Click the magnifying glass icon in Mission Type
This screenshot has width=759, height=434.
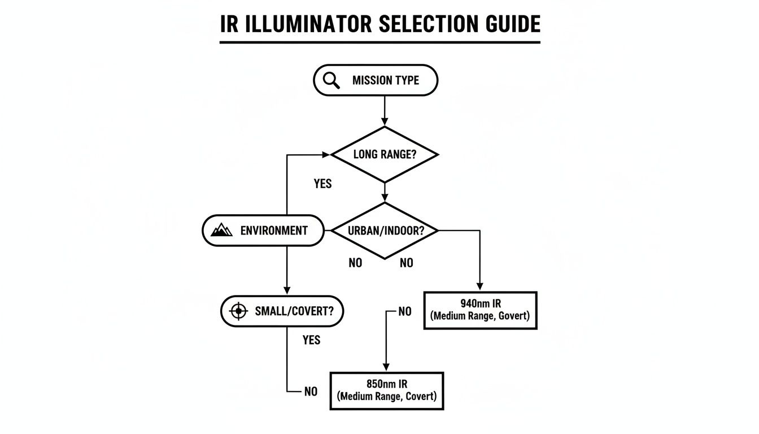(x=331, y=80)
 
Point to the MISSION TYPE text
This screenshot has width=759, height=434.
(x=386, y=80)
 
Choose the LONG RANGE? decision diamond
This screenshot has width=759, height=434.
(x=385, y=154)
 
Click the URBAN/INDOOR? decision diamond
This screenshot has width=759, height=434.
(x=385, y=231)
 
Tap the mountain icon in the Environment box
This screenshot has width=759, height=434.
(x=221, y=230)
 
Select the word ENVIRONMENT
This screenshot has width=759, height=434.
(x=274, y=231)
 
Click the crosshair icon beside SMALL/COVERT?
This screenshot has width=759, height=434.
(x=239, y=311)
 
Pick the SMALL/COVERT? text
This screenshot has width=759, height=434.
(x=291, y=311)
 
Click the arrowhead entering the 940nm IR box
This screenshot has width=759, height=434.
(x=479, y=287)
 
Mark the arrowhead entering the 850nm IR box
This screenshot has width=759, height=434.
(x=386, y=367)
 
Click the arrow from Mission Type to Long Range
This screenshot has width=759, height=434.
(x=385, y=110)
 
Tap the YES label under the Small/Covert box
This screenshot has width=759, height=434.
(x=311, y=340)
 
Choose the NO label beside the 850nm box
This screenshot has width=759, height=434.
(x=311, y=392)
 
